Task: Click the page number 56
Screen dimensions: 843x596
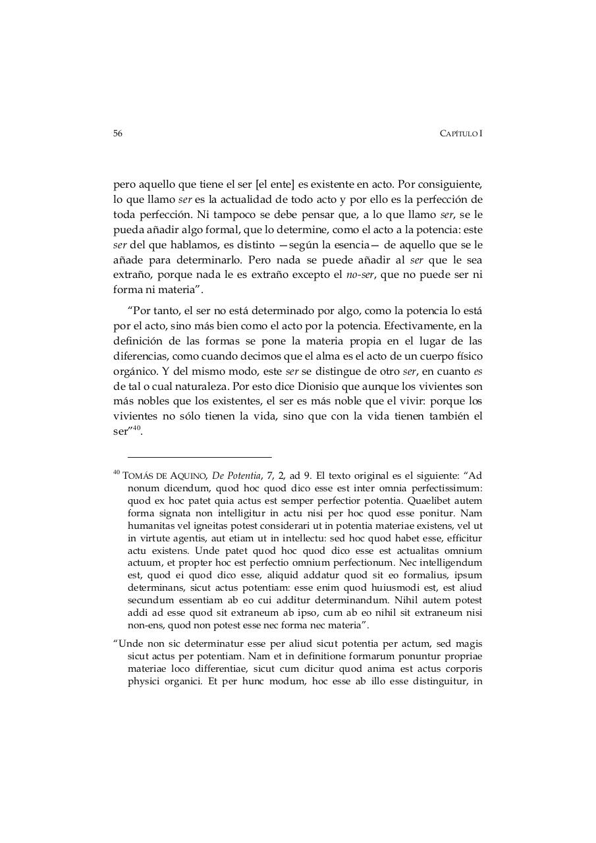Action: [118, 133]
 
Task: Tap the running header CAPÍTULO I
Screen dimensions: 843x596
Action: [460, 134]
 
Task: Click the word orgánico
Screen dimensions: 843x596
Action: [134, 370]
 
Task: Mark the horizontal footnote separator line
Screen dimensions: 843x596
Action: [200, 456]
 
